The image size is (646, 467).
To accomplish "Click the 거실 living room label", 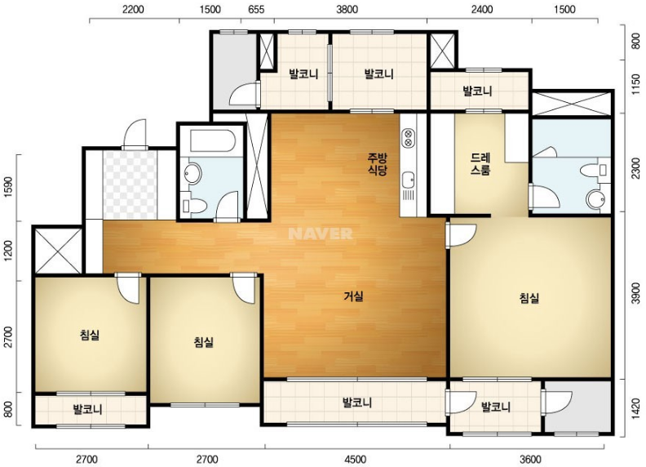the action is point(353,296).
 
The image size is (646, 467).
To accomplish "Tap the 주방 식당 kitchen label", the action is point(378,164).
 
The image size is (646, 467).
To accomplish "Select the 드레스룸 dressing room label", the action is point(480,164).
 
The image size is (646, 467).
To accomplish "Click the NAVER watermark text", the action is point(320,233).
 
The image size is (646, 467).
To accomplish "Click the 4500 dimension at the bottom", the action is point(355,459).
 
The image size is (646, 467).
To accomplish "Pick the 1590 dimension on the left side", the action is point(9,187).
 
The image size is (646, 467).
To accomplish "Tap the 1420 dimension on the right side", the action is point(635,409).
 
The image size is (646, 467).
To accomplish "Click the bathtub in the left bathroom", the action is point(213,141).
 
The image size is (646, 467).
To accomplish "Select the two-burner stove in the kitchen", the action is point(409,138).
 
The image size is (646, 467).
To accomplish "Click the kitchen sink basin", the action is point(409,180).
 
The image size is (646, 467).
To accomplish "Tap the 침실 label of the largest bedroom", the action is point(529,298).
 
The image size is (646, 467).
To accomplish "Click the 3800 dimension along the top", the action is point(347,10).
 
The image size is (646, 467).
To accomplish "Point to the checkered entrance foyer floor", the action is point(130,185).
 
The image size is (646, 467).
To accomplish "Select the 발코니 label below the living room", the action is point(357,403).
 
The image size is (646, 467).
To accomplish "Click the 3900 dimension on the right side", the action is point(635,293).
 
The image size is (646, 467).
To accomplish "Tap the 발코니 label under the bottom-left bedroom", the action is point(87,410).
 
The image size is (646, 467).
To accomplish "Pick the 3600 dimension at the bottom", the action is point(530,459).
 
